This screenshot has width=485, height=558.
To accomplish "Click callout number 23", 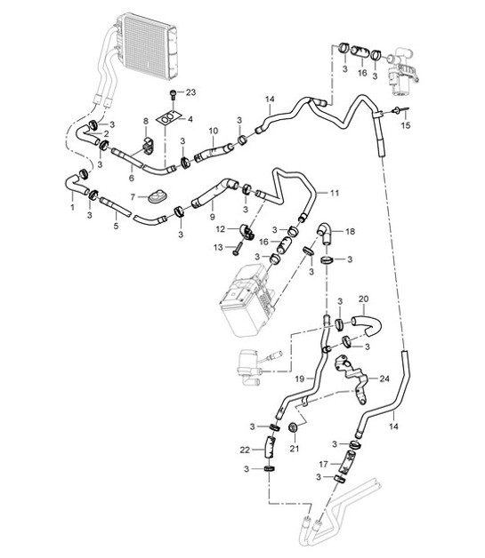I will click(190, 92).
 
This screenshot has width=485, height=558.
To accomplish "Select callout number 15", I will click(408, 127).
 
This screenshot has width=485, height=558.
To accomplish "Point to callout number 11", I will click(335, 193).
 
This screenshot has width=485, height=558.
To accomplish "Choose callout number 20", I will click(362, 299).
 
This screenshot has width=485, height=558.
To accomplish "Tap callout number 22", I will click(244, 450).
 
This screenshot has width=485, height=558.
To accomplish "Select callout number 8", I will click(146, 121).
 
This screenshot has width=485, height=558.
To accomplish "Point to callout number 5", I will click(116, 226).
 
